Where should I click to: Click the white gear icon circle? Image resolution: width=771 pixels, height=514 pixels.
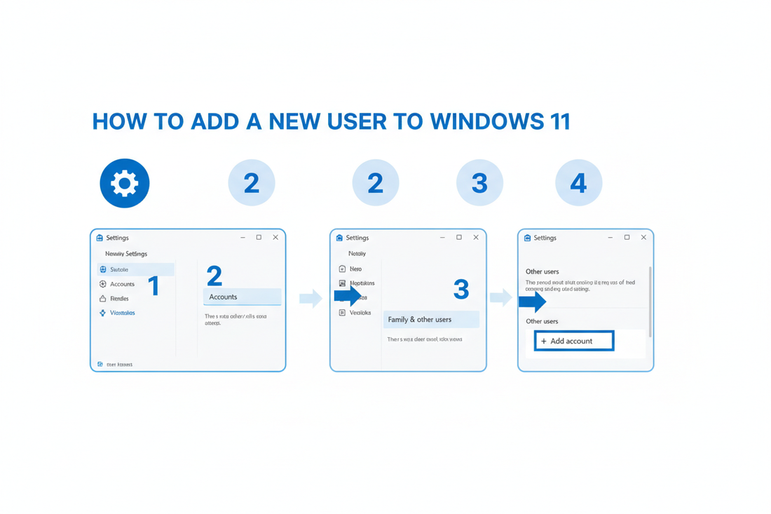pyautogui.click(x=125, y=183)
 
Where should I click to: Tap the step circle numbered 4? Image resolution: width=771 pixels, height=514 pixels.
pyautogui.click(x=578, y=183)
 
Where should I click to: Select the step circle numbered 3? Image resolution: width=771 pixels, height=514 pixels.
pyautogui.click(x=479, y=183)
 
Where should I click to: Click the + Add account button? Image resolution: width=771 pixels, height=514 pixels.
pyautogui.click(x=573, y=341)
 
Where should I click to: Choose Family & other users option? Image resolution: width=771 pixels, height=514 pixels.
pyautogui.click(x=430, y=320)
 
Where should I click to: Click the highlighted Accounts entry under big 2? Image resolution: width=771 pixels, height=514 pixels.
pyautogui.click(x=242, y=297)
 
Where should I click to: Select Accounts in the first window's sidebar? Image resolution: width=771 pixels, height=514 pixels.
pyautogui.click(x=121, y=284)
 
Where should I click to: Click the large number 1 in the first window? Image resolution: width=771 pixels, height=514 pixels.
pyautogui.click(x=154, y=285)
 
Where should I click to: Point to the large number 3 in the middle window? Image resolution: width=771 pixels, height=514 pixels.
pyautogui.click(x=460, y=289)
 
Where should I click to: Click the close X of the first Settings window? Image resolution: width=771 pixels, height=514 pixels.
pyautogui.click(x=275, y=238)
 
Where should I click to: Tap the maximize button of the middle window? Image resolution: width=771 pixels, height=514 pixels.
pyautogui.click(x=459, y=238)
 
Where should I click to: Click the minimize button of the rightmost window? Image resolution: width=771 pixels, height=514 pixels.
pyautogui.click(x=610, y=238)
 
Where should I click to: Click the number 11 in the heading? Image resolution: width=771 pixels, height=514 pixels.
pyautogui.click(x=558, y=121)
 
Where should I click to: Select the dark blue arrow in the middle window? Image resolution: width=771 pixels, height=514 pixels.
pyautogui.click(x=348, y=296)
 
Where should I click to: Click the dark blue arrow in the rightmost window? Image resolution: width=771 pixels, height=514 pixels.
pyautogui.click(x=532, y=302)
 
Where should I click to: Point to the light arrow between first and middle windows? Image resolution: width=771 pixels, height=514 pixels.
pyautogui.click(x=310, y=299)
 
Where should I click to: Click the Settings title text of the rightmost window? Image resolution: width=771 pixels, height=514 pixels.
pyautogui.click(x=545, y=238)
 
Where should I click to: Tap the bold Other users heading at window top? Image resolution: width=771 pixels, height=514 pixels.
pyautogui.click(x=542, y=271)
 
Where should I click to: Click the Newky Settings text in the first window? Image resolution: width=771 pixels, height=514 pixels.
pyautogui.click(x=126, y=254)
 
